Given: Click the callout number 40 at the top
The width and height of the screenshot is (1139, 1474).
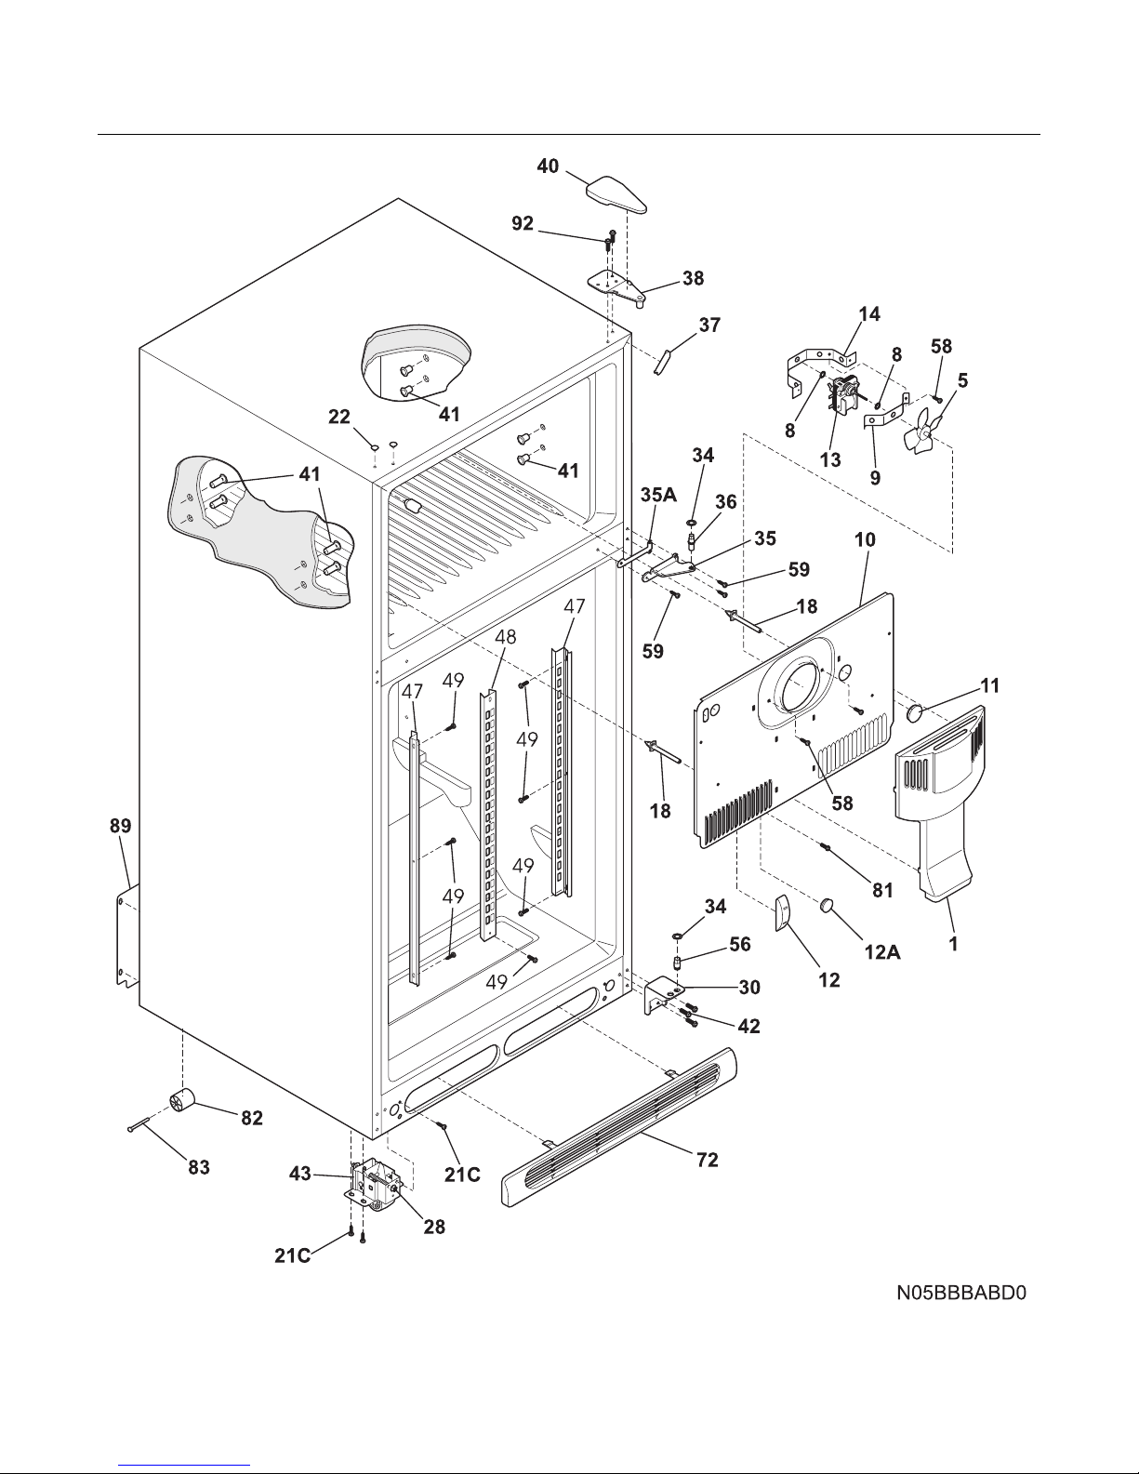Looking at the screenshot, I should click(548, 166).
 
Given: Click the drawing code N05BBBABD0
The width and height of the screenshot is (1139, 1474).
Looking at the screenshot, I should click(961, 1294).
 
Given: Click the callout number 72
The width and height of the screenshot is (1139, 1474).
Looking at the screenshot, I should click(708, 1160).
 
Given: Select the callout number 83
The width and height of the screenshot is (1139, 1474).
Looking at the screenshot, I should click(196, 1166).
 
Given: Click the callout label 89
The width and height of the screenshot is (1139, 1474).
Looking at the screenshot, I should click(120, 826).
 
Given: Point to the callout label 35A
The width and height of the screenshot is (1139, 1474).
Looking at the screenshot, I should click(657, 497).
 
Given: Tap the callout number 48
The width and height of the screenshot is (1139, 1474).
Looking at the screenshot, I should click(505, 637).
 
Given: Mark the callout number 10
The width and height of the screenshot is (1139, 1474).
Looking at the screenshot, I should click(865, 539).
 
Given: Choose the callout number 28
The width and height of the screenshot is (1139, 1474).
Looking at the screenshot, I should click(433, 1228).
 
